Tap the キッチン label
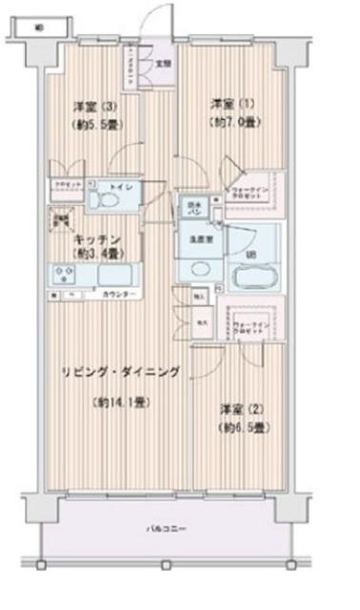click(x=98, y=239)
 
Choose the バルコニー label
click(x=168, y=528)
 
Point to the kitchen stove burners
click(x=65, y=275)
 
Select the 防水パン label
click(x=193, y=206)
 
